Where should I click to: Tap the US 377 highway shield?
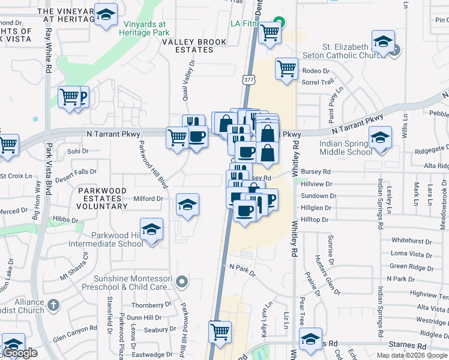(249, 79)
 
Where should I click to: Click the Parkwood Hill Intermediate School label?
(118, 239)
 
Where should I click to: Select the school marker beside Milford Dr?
(187, 206)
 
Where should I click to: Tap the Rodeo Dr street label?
(312, 71)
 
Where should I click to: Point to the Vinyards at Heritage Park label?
(145, 28)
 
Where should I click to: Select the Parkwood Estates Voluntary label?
(102, 198)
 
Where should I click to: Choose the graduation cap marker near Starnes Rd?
(310, 340)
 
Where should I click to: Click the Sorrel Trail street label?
(317, 82)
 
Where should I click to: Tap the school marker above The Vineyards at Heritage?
(106, 16)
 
